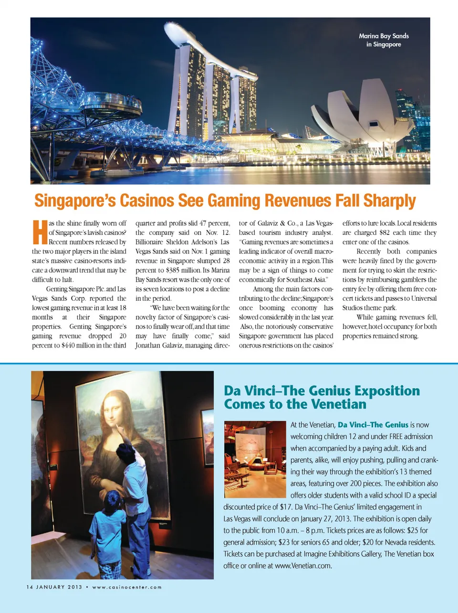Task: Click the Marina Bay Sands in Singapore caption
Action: (384, 40)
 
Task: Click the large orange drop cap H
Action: (40, 232)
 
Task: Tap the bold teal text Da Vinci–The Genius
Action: (373, 424)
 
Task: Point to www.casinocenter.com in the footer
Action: (127, 587)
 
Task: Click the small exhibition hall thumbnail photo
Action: (255, 459)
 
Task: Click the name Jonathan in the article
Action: (150, 345)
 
